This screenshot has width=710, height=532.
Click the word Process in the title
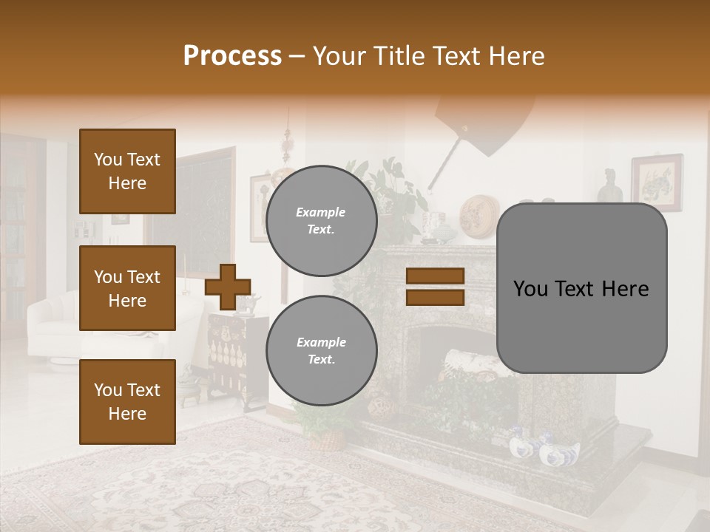[x=232, y=56]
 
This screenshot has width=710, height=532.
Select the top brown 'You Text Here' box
[x=127, y=171]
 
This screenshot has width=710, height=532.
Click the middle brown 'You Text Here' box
[x=127, y=288]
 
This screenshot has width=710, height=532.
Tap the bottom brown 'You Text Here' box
[x=127, y=402]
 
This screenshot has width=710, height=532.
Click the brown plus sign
[x=227, y=287]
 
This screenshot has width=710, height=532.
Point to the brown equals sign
[x=435, y=287]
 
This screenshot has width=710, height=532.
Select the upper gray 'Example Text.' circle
[x=321, y=221]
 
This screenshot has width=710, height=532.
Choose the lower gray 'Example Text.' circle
[x=321, y=351]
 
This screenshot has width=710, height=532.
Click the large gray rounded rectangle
[x=581, y=288]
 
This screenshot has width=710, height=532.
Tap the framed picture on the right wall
[x=657, y=183]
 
